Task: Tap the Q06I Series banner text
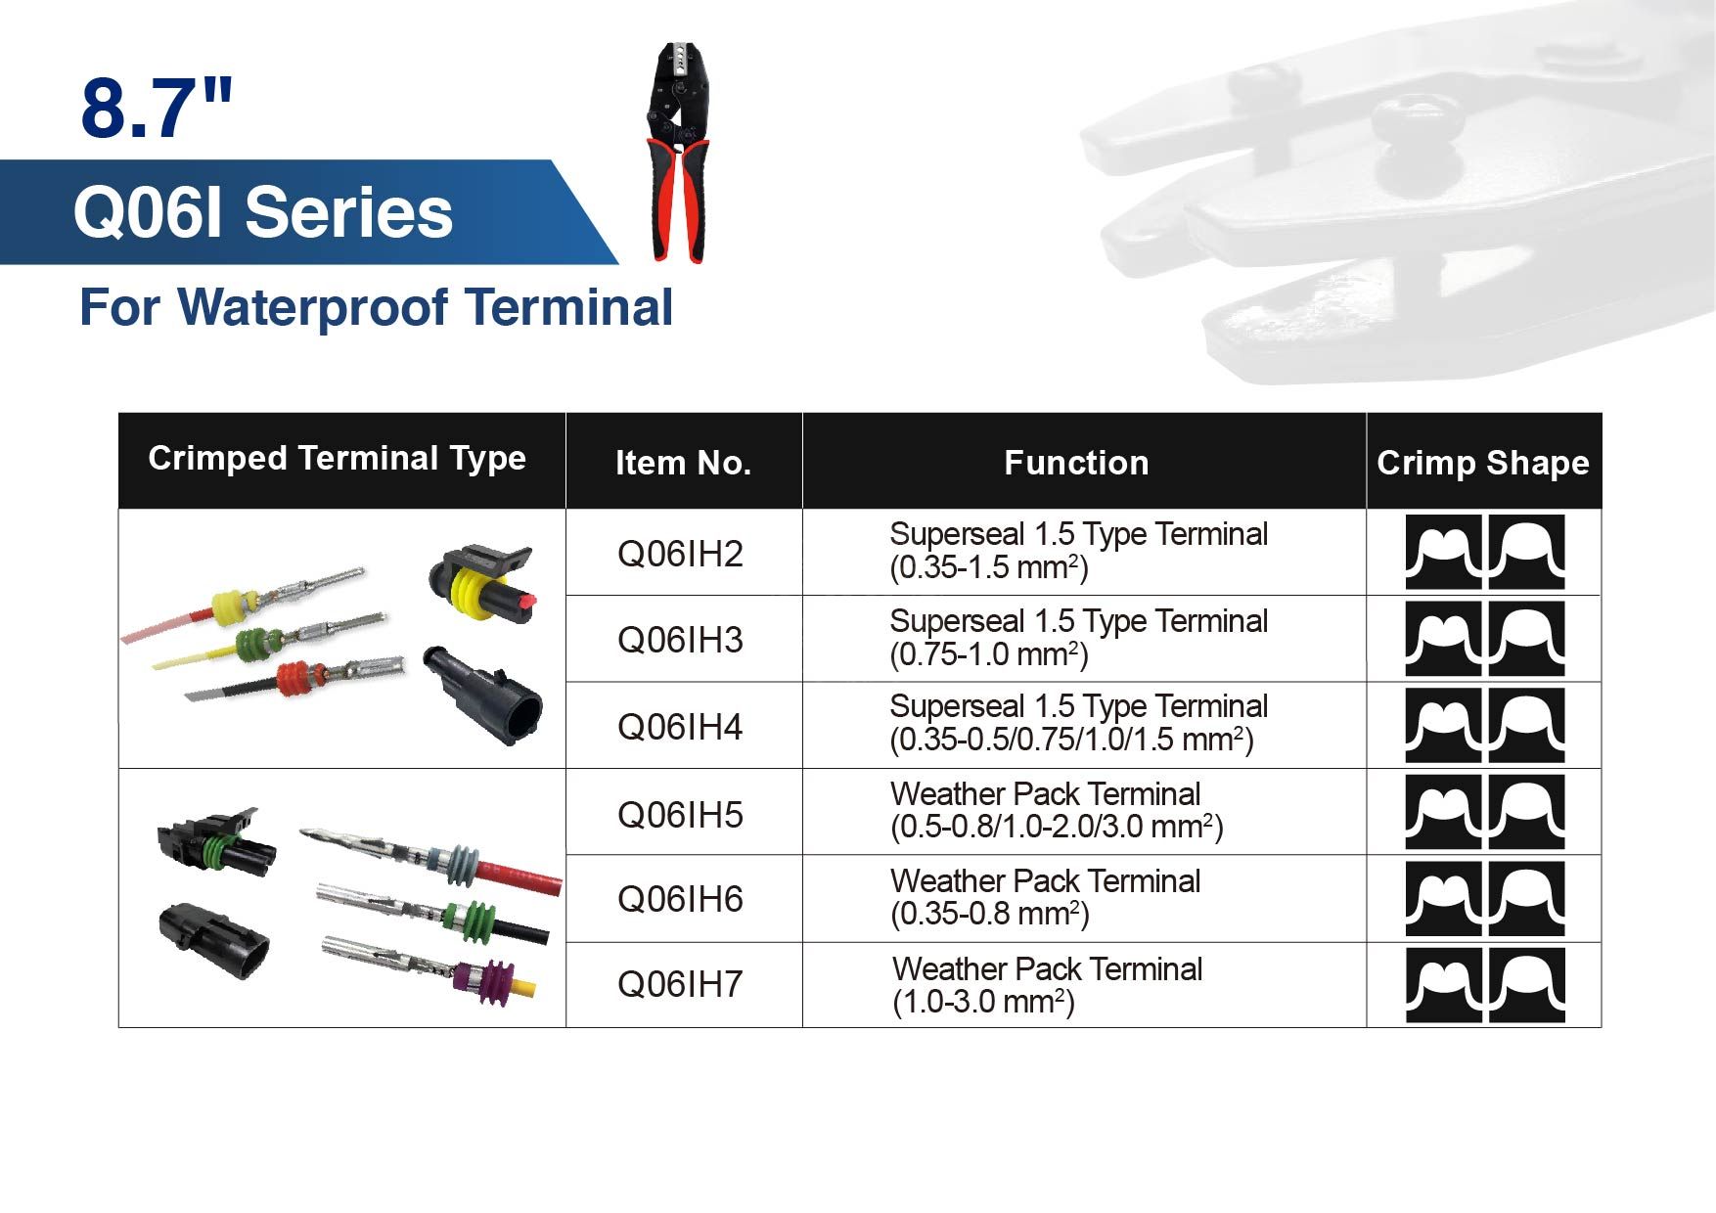point(263,213)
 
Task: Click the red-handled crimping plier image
point(678,153)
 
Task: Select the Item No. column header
point(683,463)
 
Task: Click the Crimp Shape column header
point(1483,463)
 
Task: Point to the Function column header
point(1076,463)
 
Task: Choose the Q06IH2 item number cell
point(680,554)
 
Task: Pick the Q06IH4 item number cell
point(680,727)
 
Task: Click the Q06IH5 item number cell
point(680,814)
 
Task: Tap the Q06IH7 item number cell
point(680,984)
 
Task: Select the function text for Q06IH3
point(1078,638)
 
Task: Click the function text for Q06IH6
point(1045,897)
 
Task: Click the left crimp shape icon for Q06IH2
point(1444,552)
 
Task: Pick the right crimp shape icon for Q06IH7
point(1526,985)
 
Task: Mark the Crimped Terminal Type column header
point(337,458)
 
